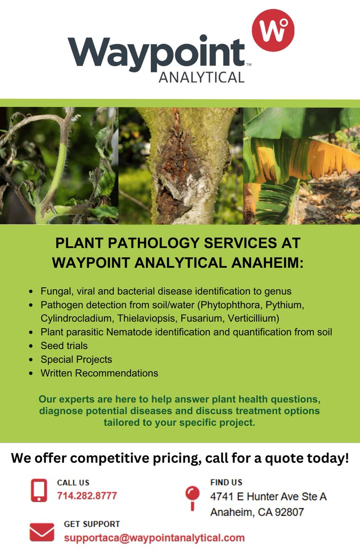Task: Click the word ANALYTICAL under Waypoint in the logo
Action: coord(201,77)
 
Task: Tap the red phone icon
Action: coord(39,490)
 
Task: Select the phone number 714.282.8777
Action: coord(87,496)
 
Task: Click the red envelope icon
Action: coord(42,532)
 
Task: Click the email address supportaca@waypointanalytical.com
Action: coord(154,538)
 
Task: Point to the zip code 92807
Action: coord(288,512)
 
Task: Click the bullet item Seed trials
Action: coord(64,346)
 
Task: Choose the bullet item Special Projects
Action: coord(76,359)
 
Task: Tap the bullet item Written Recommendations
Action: coord(99,373)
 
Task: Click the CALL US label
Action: coord(73,483)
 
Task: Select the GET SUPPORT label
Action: coord(92,524)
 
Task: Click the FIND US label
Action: coord(226,482)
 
